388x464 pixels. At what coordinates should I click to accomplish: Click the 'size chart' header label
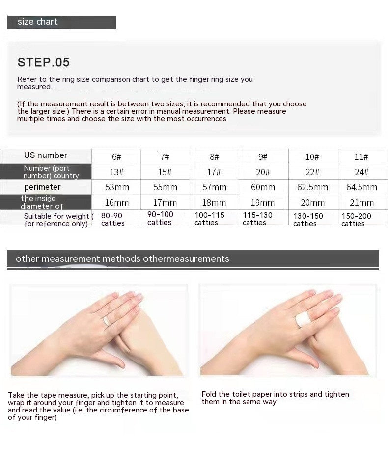(38, 22)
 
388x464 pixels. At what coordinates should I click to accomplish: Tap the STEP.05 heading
(44, 62)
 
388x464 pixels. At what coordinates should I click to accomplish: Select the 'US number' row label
(46, 155)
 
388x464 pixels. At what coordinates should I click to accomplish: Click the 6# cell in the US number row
(116, 156)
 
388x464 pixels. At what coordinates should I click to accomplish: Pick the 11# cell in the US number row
(361, 156)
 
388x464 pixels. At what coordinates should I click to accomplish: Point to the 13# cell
(116, 172)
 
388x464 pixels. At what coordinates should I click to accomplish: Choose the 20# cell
(263, 172)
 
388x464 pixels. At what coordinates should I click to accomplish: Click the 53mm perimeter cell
(117, 187)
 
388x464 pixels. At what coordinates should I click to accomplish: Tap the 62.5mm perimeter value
(312, 187)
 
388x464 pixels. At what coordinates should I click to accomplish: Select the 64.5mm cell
(361, 187)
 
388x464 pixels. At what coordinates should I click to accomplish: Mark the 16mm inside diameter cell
(117, 203)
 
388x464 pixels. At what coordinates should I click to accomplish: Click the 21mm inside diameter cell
(361, 203)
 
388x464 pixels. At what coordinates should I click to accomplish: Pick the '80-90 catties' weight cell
(112, 219)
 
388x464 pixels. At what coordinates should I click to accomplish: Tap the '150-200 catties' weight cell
(356, 220)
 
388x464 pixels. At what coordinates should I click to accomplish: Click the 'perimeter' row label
(42, 187)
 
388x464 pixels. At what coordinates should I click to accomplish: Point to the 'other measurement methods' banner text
(78, 259)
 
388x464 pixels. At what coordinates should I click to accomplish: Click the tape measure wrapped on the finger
(107, 321)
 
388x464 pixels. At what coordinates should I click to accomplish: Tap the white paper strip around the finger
(303, 320)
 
